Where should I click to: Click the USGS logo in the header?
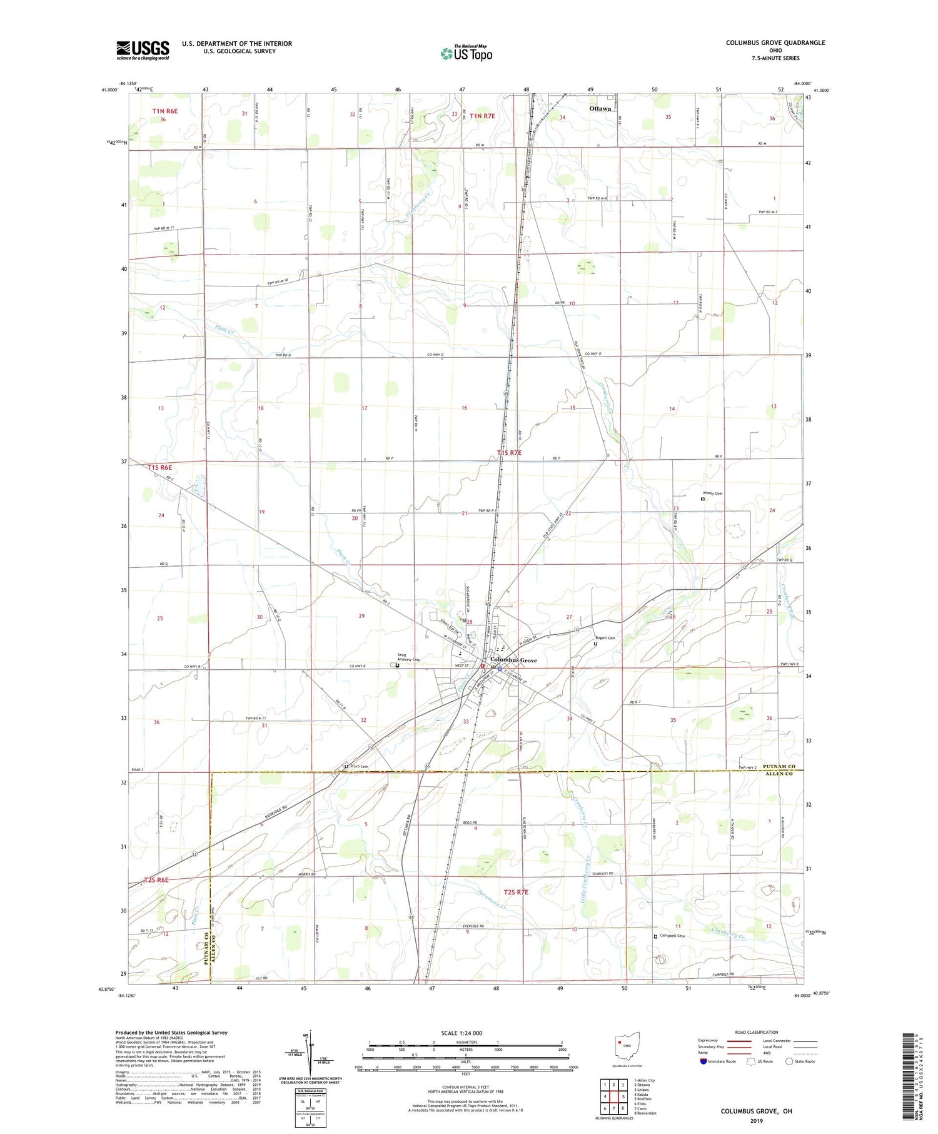click(143, 50)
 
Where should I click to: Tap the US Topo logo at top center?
click(466, 53)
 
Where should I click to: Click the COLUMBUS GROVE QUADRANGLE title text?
click(775, 43)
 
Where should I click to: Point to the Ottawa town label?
click(600, 109)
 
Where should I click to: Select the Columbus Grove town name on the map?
click(513, 660)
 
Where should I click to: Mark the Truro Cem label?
click(359, 766)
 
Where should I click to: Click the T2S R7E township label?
click(512, 891)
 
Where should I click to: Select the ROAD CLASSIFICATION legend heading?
click(757, 1032)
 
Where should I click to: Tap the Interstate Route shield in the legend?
click(704, 1061)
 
